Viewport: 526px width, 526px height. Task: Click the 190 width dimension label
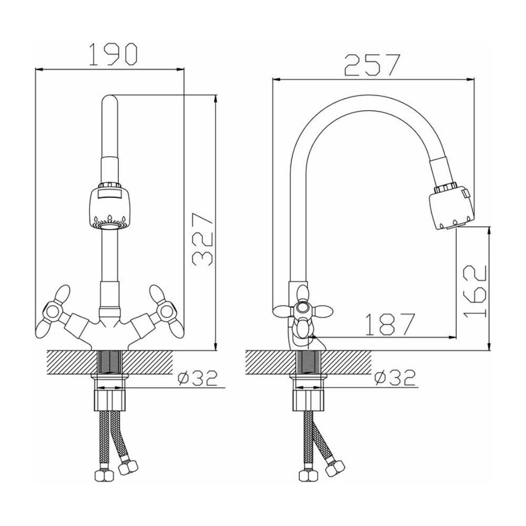pyautogui.click(x=114, y=54)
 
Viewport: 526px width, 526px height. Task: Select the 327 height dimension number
pyautogui.click(x=203, y=239)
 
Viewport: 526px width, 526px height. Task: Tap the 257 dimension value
pyautogui.click(x=372, y=65)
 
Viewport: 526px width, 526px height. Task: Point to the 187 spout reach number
pyautogui.click(x=389, y=325)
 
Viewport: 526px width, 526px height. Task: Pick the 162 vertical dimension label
pyautogui.click(x=474, y=291)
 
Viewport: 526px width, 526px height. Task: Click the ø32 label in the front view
pyautogui.click(x=198, y=378)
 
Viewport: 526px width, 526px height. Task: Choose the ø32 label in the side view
pyautogui.click(x=395, y=378)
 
